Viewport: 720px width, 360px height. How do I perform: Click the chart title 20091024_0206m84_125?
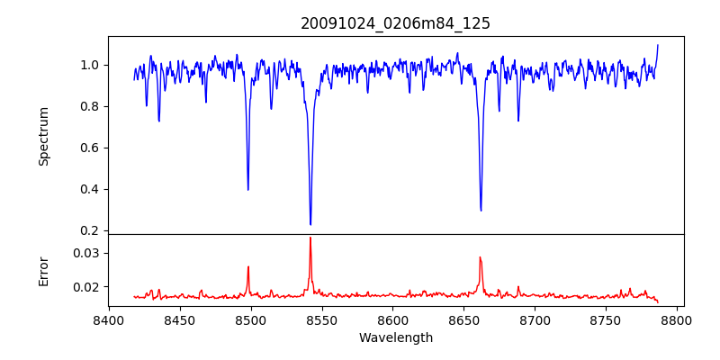tap(395, 23)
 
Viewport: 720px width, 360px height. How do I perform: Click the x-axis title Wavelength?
tap(395, 337)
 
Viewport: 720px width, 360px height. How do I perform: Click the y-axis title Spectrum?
tap(43, 136)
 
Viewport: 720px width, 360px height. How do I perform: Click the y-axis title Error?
tap(43, 270)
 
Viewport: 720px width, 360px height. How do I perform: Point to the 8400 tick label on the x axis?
tap(109, 319)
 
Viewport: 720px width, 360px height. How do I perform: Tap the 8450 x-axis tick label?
tap(180, 319)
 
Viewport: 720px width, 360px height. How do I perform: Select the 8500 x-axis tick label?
tap(250, 319)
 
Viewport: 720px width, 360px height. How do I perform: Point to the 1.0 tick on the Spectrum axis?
tap(90, 65)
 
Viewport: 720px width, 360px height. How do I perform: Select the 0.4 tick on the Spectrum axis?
tap(90, 189)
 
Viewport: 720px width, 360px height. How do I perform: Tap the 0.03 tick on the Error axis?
tap(86, 253)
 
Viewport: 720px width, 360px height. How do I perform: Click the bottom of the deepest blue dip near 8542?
tap(310, 224)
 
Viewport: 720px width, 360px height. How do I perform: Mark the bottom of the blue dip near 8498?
tap(248, 189)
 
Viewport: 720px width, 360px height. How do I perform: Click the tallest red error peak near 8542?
tap(310, 238)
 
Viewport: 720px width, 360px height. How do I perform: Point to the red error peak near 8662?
tap(481, 257)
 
